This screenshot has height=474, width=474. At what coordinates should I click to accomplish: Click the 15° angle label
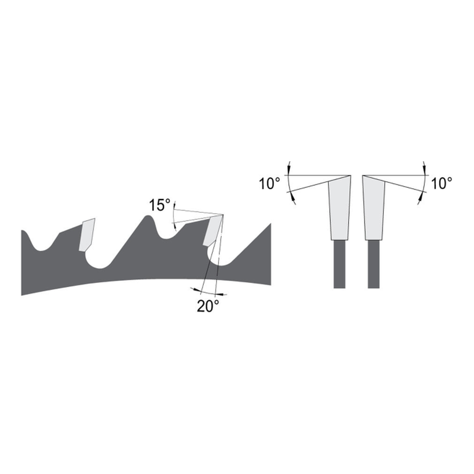point(159,205)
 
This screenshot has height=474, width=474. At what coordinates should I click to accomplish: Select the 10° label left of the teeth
point(270,183)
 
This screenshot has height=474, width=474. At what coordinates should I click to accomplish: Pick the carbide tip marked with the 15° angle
point(213,230)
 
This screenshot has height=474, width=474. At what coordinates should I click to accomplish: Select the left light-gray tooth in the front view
point(339,209)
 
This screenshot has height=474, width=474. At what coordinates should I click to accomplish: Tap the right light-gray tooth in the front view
point(374,209)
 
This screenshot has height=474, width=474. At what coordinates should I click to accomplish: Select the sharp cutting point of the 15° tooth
point(223,214)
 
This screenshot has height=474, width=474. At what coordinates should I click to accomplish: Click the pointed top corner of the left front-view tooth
point(350,176)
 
